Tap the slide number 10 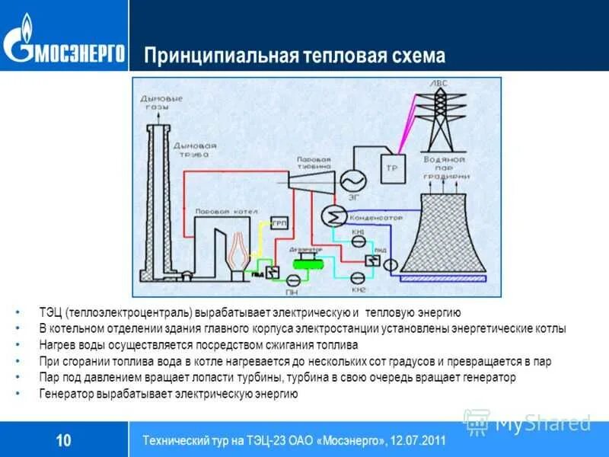(x=64, y=440)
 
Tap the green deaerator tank (x=308, y=260)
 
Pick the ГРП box (x=279, y=225)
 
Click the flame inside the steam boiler (x=238, y=248)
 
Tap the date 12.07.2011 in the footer (x=416, y=441)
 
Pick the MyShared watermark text (x=543, y=423)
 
